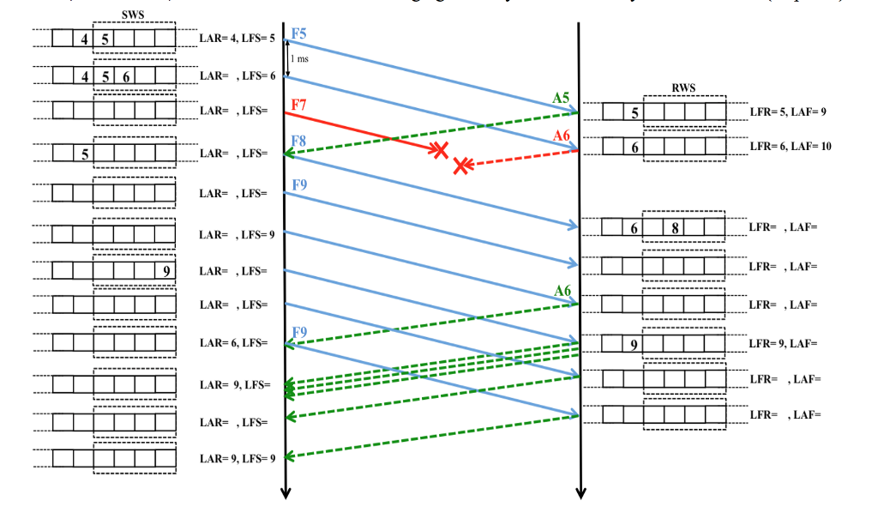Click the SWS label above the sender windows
(x=133, y=15)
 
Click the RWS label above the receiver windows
(x=683, y=87)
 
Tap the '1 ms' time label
(x=299, y=59)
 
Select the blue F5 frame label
(x=298, y=33)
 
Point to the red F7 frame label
(x=298, y=105)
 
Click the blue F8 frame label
(x=298, y=140)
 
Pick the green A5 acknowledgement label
(x=561, y=98)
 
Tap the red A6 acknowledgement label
(x=561, y=136)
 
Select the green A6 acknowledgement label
(x=562, y=291)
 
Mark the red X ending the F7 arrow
(x=439, y=150)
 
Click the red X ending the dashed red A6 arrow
(x=462, y=165)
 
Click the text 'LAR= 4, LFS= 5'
(x=238, y=39)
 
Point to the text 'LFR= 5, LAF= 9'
(x=787, y=112)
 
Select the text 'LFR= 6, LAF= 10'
(x=790, y=147)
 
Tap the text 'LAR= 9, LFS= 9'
(x=238, y=458)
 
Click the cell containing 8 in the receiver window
(x=675, y=228)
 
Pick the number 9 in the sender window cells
(x=165, y=271)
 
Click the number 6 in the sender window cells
(x=125, y=76)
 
